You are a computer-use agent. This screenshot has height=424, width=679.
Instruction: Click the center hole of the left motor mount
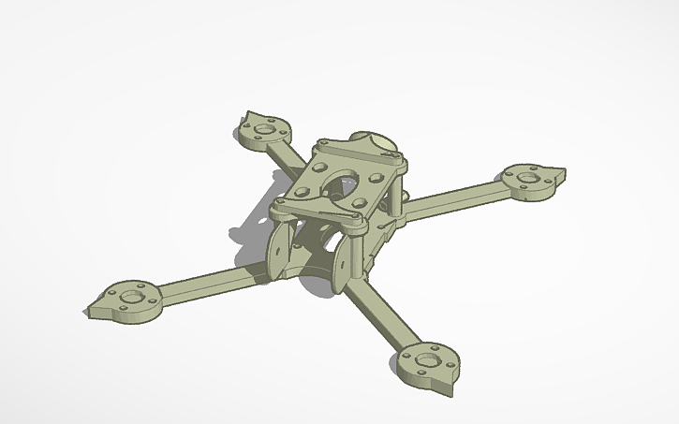[x=130, y=298]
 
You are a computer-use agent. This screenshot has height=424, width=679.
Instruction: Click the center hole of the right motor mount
[x=528, y=177]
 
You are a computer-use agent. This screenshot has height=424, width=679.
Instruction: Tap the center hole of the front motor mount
[x=426, y=358]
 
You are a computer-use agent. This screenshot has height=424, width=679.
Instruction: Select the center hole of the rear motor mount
[x=263, y=129]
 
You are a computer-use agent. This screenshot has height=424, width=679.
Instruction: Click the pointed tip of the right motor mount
[x=563, y=172]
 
